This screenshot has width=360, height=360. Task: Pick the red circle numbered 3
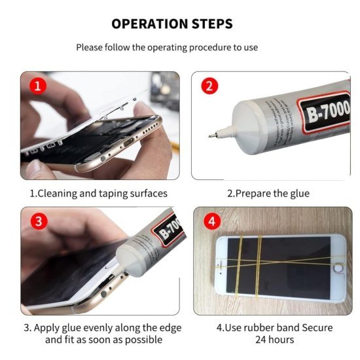coord(39,221)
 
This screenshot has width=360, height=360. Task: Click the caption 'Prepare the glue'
coord(268,194)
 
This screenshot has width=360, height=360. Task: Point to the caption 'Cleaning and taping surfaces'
coord(98,194)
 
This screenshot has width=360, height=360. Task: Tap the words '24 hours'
coord(274,340)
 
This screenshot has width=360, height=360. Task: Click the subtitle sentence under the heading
coord(167,47)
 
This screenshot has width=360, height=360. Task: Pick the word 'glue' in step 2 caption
coord(298,194)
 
